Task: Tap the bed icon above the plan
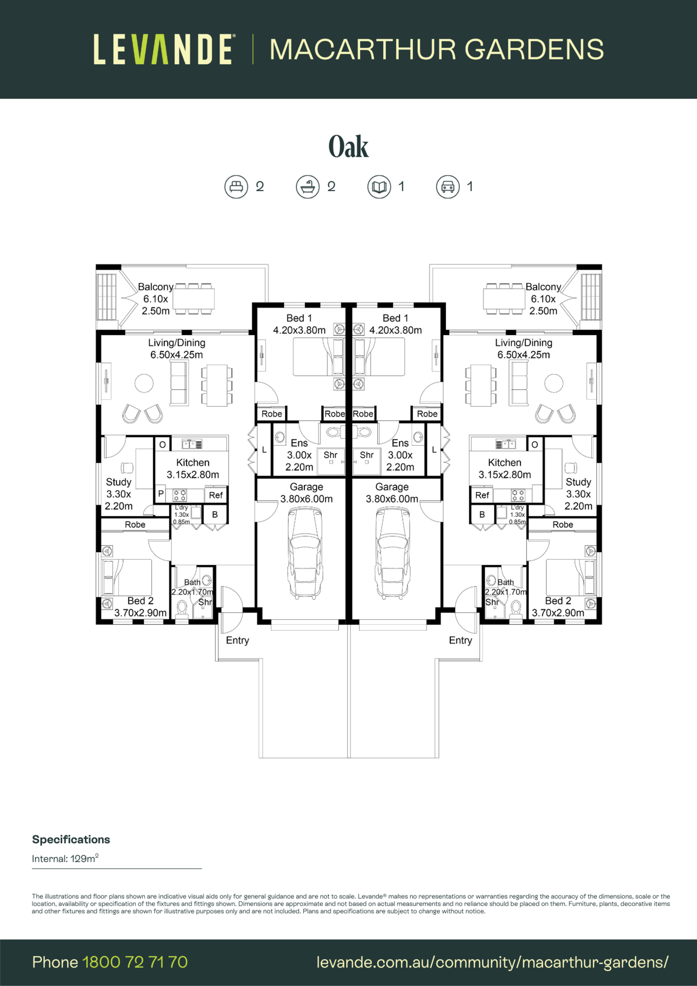pyautogui.click(x=236, y=187)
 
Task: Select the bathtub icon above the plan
pyautogui.click(x=307, y=187)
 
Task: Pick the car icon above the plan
pyautogui.click(x=448, y=187)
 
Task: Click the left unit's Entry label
pyautogui.click(x=237, y=640)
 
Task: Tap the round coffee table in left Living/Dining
pyautogui.click(x=144, y=383)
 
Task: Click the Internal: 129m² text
pyautogui.click(x=65, y=859)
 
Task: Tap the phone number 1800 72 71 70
pyautogui.click(x=135, y=962)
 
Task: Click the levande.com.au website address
pyautogui.click(x=492, y=962)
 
